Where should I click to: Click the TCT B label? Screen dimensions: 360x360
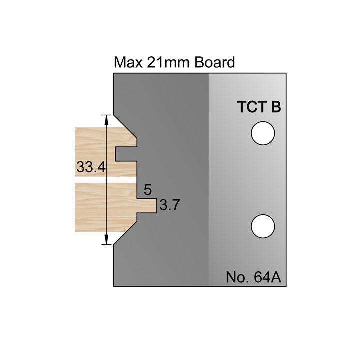pos(258,107)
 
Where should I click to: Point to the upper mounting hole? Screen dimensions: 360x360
pos(263,134)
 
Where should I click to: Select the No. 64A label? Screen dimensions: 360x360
pos(255,277)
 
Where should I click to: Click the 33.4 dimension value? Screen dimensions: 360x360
pos(90,167)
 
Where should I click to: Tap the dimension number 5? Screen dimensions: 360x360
pos(147,190)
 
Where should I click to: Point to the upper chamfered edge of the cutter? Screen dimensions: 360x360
pos(126,127)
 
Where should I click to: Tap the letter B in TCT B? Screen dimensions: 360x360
pos(275,107)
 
